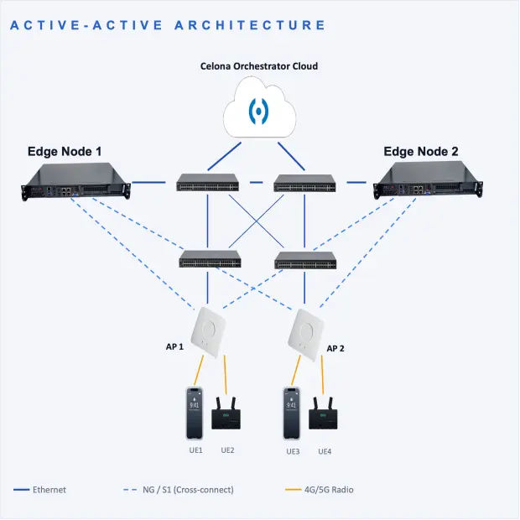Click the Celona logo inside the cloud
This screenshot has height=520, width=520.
point(258,111)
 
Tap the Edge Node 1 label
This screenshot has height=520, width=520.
point(65,152)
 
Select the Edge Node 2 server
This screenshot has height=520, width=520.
point(428,180)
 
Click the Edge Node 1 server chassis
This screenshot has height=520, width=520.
point(75,181)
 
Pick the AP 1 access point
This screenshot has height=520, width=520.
point(208,332)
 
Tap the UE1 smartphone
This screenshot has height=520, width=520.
point(195,413)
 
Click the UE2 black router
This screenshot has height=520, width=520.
point(226,413)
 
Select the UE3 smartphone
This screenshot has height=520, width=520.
point(292,413)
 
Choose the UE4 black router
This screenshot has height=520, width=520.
point(323,413)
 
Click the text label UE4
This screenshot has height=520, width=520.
point(325,451)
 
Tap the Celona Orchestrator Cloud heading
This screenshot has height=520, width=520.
point(259,66)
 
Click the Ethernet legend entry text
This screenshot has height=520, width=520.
point(49,490)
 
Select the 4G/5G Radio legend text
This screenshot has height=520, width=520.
point(329,490)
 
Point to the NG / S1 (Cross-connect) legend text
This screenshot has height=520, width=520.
point(188,490)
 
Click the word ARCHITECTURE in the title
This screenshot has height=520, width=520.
point(251,25)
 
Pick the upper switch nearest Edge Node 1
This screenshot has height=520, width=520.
point(208,182)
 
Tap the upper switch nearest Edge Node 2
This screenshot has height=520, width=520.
point(304,183)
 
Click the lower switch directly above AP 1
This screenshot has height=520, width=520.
point(210,258)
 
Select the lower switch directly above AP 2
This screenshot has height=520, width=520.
point(305,260)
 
